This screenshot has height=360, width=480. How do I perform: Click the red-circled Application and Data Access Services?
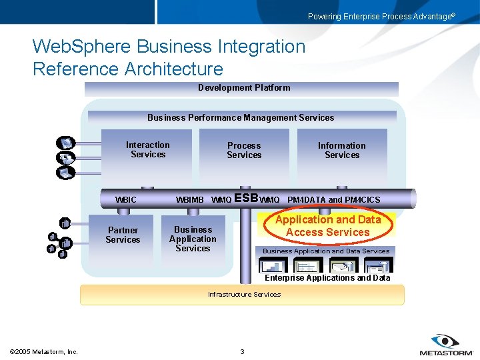(x=327, y=226)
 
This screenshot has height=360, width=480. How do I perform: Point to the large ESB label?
(x=246, y=198)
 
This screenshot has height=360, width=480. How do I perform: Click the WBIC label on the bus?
(x=125, y=200)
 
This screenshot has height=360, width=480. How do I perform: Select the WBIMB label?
(x=189, y=200)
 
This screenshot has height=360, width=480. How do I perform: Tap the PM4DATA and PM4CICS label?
(x=333, y=200)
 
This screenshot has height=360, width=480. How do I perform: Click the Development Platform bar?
(x=244, y=88)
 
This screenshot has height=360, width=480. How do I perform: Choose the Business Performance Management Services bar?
(x=241, y=117)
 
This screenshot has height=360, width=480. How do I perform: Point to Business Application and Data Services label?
(x=326, y=251)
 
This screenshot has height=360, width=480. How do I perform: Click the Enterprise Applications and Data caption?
(x=327, y=278)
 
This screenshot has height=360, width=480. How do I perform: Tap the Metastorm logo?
(x=445, y=345)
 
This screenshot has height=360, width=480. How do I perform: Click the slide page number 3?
(x=242, y=351)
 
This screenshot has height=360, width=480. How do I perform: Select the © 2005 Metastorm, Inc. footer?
(x=44, y=351)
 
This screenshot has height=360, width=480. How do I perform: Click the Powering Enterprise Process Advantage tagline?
(x=381, y=17)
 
